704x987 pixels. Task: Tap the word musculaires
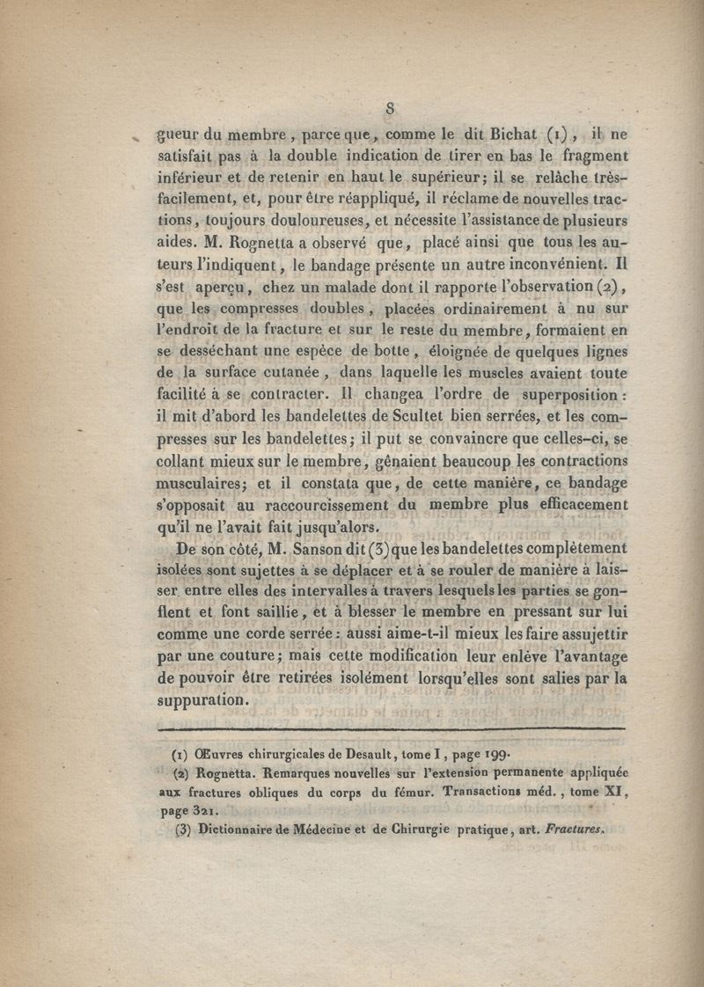pyautogui.click(x=202, y=483)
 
